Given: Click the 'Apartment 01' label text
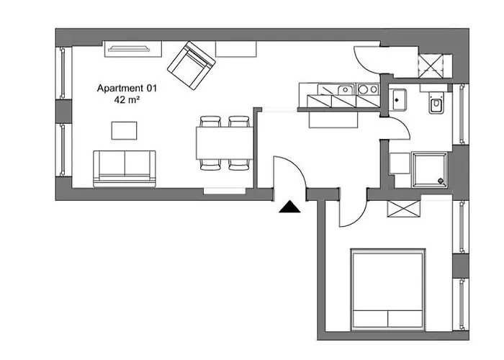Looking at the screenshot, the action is click(x=127, y=88).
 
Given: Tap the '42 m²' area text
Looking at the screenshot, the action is click(x=127, y=99).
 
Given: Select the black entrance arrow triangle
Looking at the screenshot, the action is click(x=289, y=207).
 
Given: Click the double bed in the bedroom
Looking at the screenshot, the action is click(x=388, y=289).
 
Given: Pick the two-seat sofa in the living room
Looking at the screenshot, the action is click(x=125, y=168).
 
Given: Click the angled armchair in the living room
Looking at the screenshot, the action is click(x=191, y=66).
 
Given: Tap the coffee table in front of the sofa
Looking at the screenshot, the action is click(x=124, y=130).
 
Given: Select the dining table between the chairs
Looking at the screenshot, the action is click(x=225, y=143).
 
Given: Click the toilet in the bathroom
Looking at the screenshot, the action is click(x=436, y=102).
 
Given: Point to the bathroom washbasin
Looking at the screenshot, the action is click(x=397, y=99).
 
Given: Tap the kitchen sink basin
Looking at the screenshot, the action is click(x=345, y=89).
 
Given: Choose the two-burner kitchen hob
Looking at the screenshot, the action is click(x=369, y=89).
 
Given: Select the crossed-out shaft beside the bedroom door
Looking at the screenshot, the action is click(x=404, y=209).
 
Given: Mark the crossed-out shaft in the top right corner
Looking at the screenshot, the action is click(x=431, y=66).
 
